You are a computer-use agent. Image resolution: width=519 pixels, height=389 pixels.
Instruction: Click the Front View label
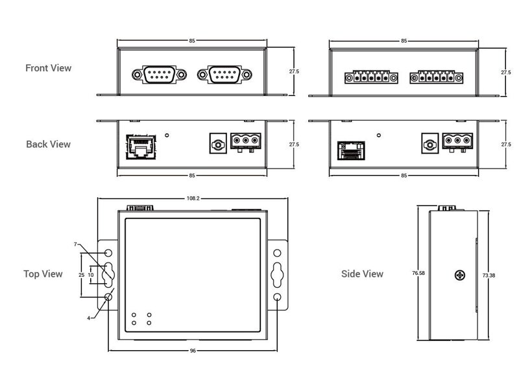pos(48,67)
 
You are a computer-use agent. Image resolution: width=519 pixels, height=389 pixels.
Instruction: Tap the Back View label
pos(48,144)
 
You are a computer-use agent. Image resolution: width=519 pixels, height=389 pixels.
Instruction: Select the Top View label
pos(43,274)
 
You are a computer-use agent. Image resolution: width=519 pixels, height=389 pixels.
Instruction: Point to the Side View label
pos(362,274)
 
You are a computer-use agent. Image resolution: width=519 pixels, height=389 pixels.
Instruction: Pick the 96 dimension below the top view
pos(193,351)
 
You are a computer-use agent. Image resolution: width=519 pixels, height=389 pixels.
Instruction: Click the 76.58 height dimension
pos(418,273)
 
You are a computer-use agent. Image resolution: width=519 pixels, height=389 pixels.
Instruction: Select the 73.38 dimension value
pos(490,275)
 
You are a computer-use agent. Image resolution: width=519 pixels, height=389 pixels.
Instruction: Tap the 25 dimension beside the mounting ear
pos(81,275)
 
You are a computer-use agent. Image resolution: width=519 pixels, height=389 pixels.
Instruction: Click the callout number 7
pos(75,244)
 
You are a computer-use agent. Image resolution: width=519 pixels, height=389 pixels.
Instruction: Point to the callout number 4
pos(88,318)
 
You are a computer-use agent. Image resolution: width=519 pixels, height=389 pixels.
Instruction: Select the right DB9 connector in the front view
pos(223,75)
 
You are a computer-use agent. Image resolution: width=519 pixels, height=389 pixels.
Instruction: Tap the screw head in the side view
pos(460,275)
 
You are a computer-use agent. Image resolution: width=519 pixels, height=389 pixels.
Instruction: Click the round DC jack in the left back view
pos(217,142)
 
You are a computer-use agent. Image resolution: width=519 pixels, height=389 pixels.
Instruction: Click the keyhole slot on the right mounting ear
pos(278,273)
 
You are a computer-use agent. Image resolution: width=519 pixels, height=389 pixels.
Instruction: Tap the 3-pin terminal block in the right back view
pos(456,141)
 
